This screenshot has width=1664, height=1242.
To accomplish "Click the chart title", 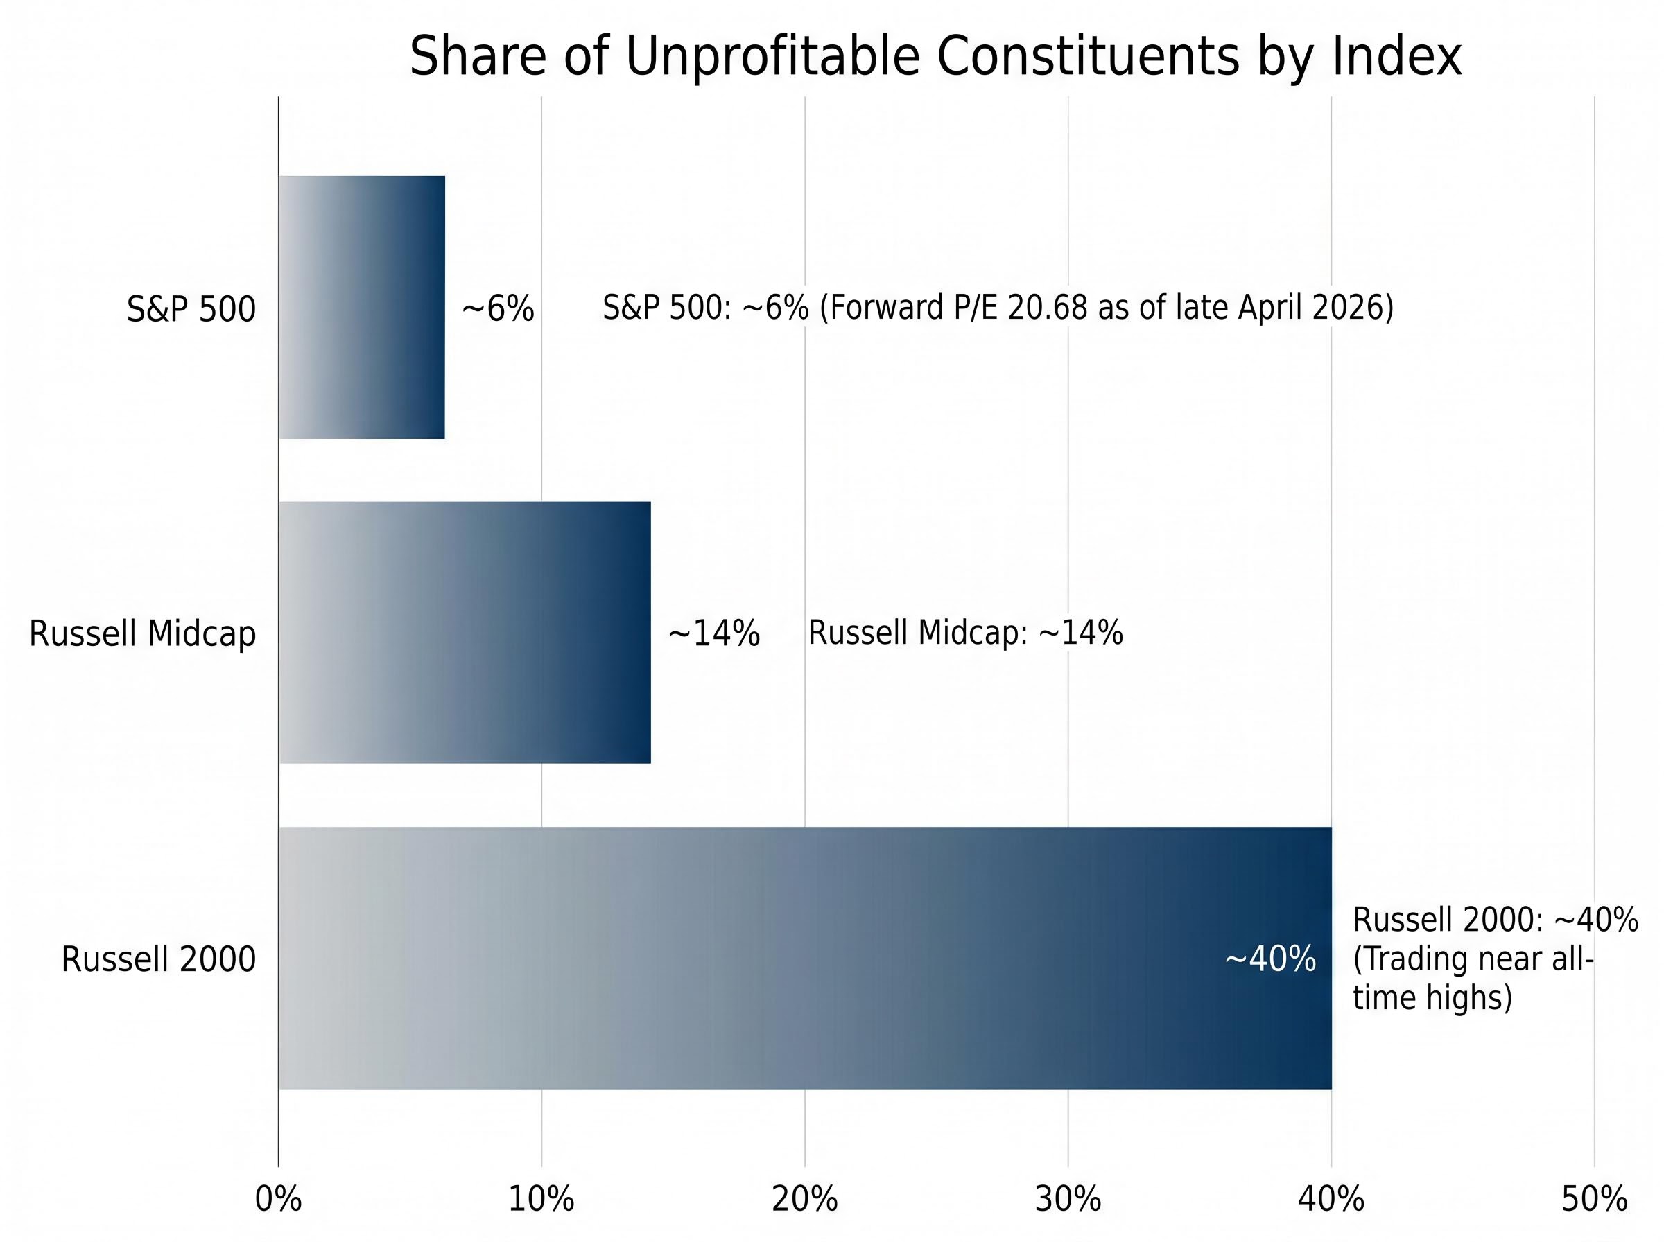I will tap(935, 56).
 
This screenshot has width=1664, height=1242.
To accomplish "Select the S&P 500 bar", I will tap(362, 307).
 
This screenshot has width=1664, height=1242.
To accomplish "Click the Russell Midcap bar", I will tap(465, 632).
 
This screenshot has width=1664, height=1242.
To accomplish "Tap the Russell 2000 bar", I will tap(804, 958).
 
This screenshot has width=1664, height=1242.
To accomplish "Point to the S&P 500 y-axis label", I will tap(191, 309).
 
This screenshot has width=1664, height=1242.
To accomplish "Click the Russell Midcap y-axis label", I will tap(142, 633).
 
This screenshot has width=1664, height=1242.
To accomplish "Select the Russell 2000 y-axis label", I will tap(159, 959).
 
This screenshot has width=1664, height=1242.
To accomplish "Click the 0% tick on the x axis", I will tap(278, 1199).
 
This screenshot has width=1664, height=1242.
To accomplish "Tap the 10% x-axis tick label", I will tap(541, 1199).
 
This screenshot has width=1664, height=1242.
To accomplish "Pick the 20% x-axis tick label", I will tap(804, 1199).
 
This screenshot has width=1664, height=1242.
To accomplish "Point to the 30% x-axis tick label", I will tap(1068, 1199).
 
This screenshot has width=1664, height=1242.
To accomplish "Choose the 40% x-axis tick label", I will tap(1331, 1199).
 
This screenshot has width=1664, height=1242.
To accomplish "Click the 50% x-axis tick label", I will tap(1594, 1199).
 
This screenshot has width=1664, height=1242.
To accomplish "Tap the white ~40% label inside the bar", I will tap(1270, 959).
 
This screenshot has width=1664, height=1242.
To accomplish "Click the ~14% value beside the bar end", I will tap(713, 633).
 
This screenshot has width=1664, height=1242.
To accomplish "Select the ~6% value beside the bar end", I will tap(497, 309).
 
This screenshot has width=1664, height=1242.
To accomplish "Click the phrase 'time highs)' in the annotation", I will tap(1432, 997).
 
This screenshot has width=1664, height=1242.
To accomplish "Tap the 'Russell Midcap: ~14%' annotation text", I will tap(964, 632).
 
